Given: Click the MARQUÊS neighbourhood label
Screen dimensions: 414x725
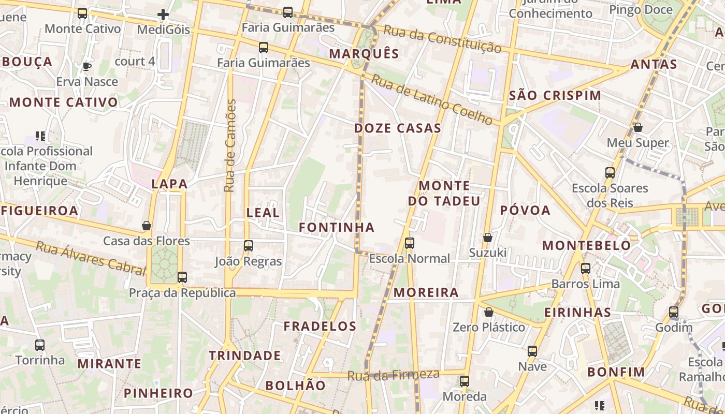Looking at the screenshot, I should [x=364, y=54].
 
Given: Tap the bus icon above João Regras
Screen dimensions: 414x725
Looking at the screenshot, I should [x=249, y=246].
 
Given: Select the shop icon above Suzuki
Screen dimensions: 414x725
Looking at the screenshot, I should [x=487, y=238].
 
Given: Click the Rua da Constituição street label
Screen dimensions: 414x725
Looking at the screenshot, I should [x=442, y=39].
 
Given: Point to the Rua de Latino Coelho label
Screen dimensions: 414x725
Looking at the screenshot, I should [x=432, y=99].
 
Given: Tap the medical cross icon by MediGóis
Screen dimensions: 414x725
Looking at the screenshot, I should [x=163, y=14].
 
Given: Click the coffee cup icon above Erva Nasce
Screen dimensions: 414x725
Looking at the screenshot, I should [x=87, y=67].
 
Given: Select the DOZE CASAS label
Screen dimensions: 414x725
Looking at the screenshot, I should [x=398, y=128].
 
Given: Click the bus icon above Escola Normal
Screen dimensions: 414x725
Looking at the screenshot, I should [x=410, y=243].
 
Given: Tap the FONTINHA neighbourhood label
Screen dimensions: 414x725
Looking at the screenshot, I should [x=337, y=227].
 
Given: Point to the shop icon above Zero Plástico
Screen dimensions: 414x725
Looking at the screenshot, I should [x=488, y=312].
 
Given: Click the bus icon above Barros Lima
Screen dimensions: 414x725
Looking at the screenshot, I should [x=586, y=269].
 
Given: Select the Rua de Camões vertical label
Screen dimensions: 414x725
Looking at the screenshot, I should [x=230, y=146].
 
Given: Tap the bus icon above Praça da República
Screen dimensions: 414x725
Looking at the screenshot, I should [x=182, y=277].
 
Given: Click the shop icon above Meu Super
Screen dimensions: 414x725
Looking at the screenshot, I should [x=638, y=127].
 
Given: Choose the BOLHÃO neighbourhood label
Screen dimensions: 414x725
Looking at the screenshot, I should [x=295, y=386].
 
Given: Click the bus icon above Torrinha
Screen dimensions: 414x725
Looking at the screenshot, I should [x=40, y=345].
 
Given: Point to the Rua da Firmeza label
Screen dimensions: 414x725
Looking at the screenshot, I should [x=394, y=375].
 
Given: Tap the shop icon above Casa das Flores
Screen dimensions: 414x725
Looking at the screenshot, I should [x=147, y=226].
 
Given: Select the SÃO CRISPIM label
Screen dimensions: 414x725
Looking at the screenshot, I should [x=555, y=96].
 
